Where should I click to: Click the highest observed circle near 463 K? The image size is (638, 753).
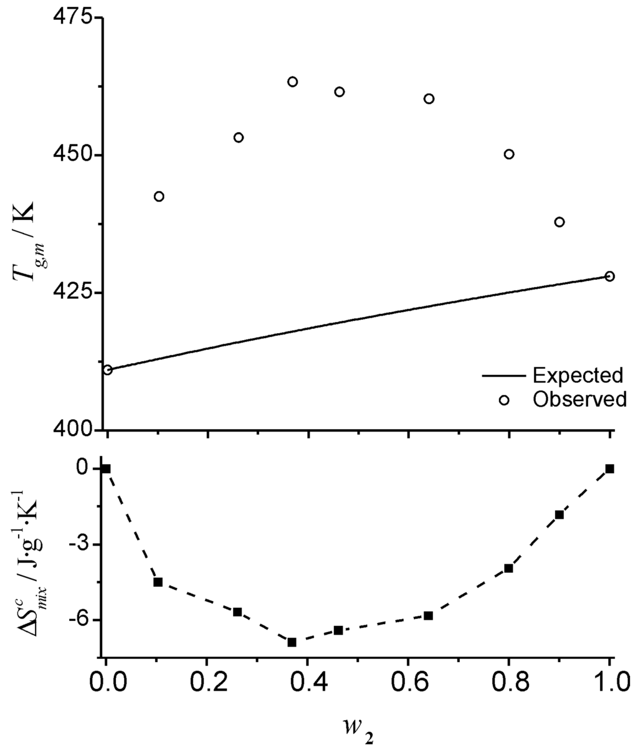click(x=292, y=82)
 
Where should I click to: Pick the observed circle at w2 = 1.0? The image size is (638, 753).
click(x=609, y=276)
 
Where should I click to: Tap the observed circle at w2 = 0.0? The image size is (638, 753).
click(x=107, y=370)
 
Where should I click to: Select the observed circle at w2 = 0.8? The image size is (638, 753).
click(x=509, y=154)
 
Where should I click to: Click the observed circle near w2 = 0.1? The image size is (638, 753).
click(x=159, y=196)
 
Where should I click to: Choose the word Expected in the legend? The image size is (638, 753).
click(x=578, y=375)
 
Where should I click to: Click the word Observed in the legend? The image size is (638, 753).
click(x=579, y=399)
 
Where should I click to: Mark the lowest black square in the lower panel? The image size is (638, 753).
click(x=292, y=642)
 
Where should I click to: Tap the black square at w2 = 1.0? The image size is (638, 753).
click(x=609, y=469)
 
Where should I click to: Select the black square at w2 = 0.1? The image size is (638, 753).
click(x=158, y=582)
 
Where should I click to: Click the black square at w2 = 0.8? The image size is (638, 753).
click(x=508, y=568)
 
